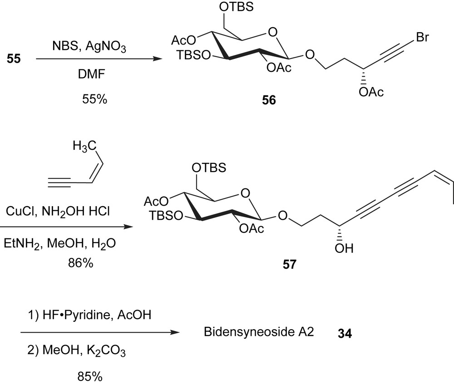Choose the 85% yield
[91, 375]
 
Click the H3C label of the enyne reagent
[84, 147]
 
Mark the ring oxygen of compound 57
[246, 194]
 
